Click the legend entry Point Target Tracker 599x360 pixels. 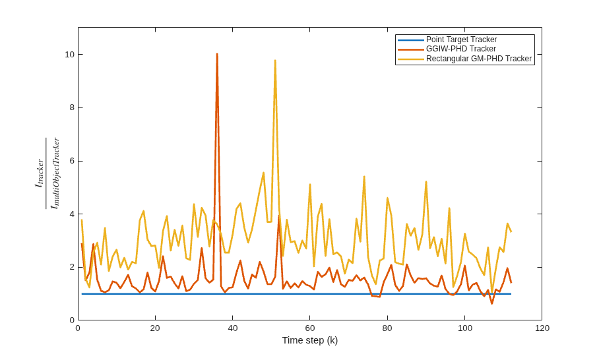[x=462, y=40]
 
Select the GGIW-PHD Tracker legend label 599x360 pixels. [x=461, y=49]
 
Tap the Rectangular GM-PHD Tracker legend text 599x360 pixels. [x=479, y=59]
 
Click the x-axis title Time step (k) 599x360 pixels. [x=310, y=340]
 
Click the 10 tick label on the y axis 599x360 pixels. [x=69, y=55]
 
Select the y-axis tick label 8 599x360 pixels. [x=72, y=107]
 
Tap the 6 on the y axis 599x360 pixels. [x=72, y=161]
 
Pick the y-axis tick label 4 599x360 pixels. [x=72, y=214]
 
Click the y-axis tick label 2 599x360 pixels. [x=72, y=267]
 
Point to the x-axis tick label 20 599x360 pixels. [x=155, y=328]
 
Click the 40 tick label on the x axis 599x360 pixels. [x=233, y=328]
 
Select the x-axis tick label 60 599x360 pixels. [x=310, y=328]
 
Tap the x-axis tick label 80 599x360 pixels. [x=387, y=328]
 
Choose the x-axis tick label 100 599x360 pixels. [x=464, y=328]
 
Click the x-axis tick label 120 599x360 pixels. [x=542, y=328]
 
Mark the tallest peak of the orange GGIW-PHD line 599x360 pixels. [x=217, y=54]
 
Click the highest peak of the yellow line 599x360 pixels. [x=275, y=60]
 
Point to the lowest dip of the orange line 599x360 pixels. [x=491, y=303]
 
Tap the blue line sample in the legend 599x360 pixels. [x=411, y=40]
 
